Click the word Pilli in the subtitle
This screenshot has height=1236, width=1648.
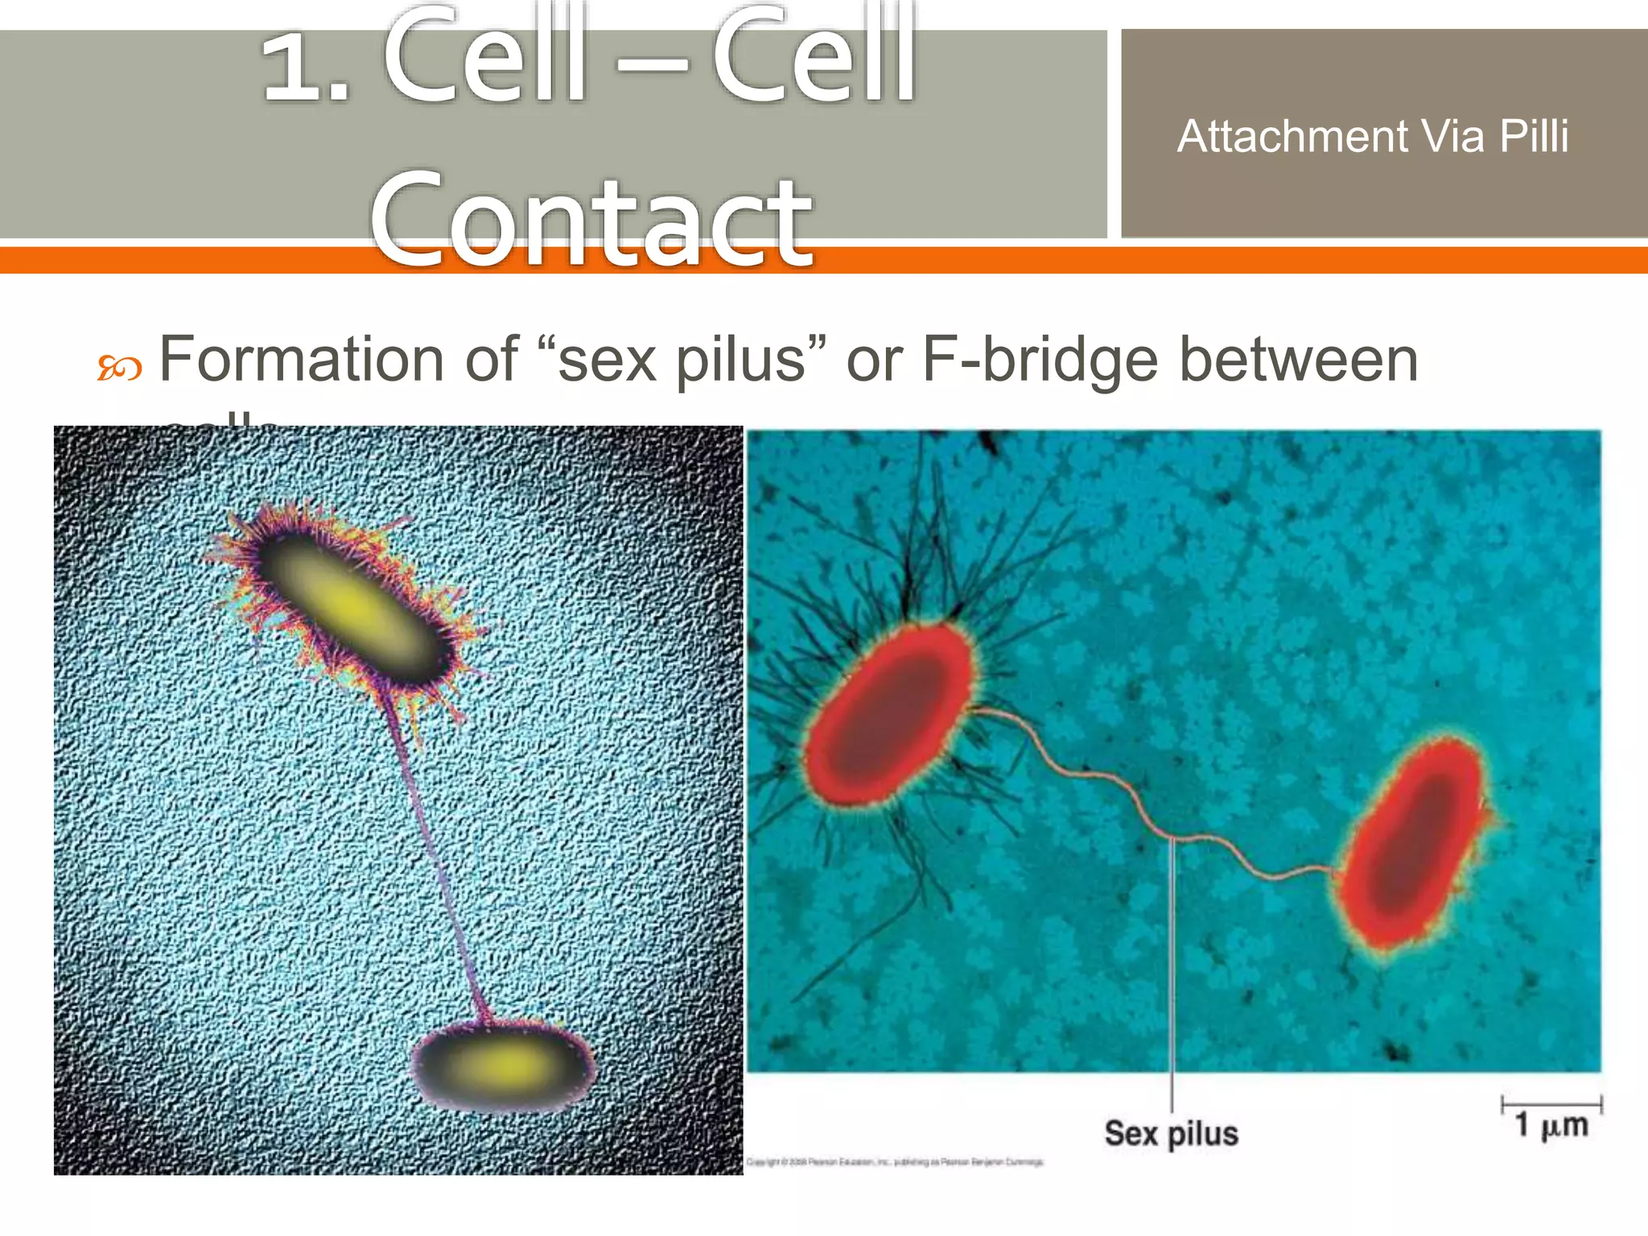1534,136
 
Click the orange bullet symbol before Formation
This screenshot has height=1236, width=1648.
120,369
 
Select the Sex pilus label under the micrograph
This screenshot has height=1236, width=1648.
1171,1133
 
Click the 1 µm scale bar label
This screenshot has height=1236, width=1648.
1551,1125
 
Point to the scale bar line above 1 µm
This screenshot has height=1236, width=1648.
1551,1105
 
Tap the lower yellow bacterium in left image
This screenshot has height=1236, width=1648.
503,1065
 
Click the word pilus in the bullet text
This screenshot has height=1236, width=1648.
740,360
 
